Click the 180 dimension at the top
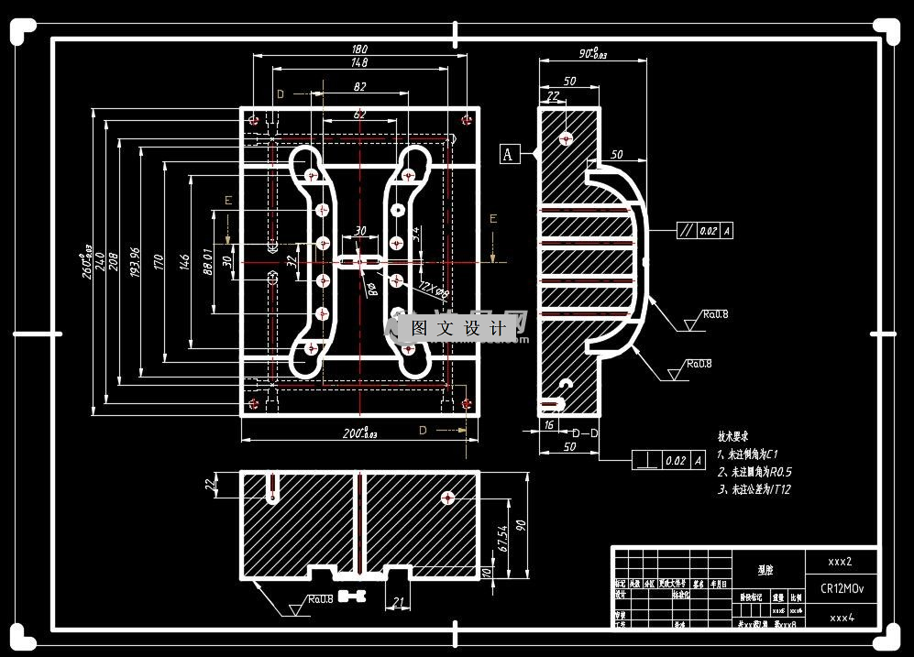pos(360,49)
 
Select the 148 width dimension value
pos(358,63)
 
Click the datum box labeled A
pos(510,154)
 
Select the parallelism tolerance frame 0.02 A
pos(704,231)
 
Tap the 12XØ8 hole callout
pos(432,290)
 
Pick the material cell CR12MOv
pos(842,588)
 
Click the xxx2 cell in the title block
pos(841,561)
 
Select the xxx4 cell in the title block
pos(842,618)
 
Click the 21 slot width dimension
pos(398,602)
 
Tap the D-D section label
pos(586,432)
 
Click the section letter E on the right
pos(492,218)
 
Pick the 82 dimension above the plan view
pos(358,87)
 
